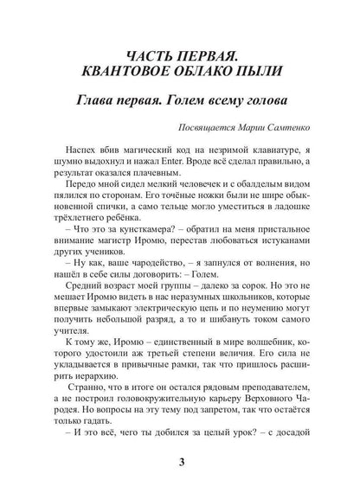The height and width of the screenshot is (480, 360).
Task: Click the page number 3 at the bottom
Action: point(179,461)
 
